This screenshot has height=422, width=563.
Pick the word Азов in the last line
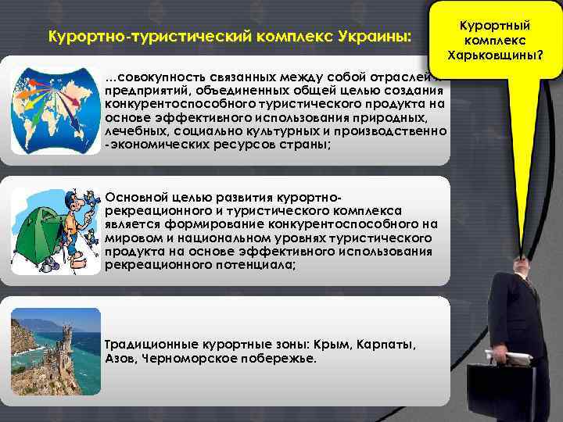coord(120,358)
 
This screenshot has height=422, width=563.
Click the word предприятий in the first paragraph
coord(142,91)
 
